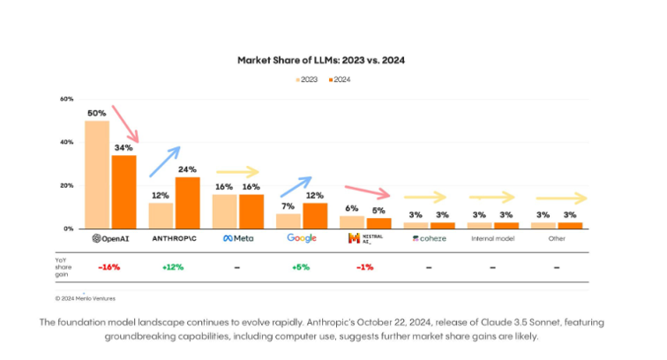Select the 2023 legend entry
click(x=306, y=79)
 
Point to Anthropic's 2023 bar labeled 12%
click(x=161, y=215)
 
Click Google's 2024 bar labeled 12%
click(x=315, y=215)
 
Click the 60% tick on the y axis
click(x=67, y=99)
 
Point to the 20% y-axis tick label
click(x=67, y=185)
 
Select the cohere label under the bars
click(x=429, y=238)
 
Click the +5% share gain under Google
click(x=302, y=266)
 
